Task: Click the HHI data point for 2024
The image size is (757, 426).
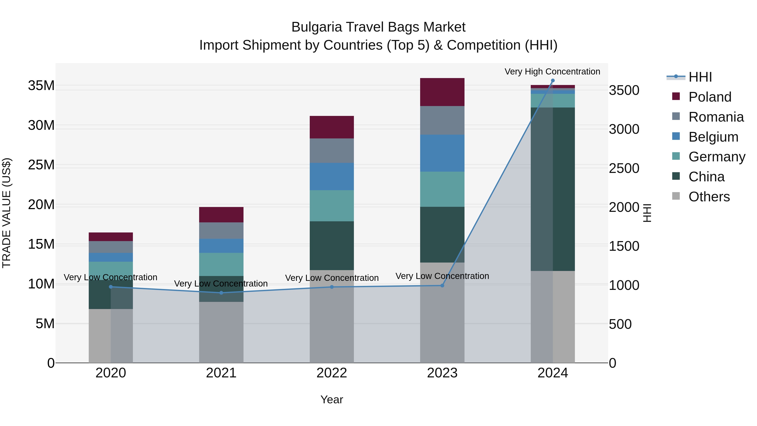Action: pyautogui.click(x=552, y=81)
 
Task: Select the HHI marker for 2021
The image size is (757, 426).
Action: pyautogui.click(x=221, y=293)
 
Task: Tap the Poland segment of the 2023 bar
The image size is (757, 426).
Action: pyautogui.click(x=442, y=92)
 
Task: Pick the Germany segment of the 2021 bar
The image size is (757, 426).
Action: pyautogui.click(x=221, y=264)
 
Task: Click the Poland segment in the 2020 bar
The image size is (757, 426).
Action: pyautogui.click(x=111, y=237)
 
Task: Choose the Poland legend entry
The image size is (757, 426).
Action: pyautogui.click(x=709, y=97)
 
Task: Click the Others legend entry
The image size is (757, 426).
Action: pyautogui.click(x=709, y=197)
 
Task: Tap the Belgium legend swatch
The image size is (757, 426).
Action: pyautogui.click(x=676, y=136)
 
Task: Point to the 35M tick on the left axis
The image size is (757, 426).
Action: pyautogui.click(x=41, y=86)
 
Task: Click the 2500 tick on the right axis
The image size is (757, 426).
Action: pyautogui.click(x=624, y=169)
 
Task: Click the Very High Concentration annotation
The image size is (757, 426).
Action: pyautogui.click(x=552, y=72)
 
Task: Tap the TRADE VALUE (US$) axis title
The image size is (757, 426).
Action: pyautogui.click(x=7, y=213)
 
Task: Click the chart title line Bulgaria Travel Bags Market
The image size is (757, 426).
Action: pyautogui.click(x=378, y=27)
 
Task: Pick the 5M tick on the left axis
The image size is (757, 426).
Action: pyautogui.click(x=45, y=324)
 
